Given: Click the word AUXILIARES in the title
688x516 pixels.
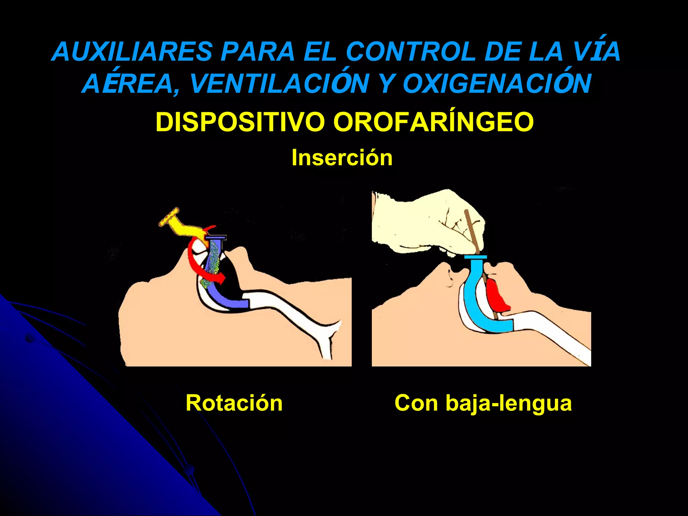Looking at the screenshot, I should pyautogui.click(x=132, y=52).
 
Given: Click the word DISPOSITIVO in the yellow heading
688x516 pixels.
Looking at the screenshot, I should pyautogui.click(x=240, y=122).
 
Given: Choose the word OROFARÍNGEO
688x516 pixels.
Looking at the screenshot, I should pyautogui.click(x=433, y=122).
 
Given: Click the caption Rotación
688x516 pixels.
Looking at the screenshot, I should pyautogui.click(x=234, y=403).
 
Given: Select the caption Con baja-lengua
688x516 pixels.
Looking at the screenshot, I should pyautogui.click(x=483, y=403).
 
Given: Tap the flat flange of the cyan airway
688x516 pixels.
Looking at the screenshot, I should pyautogui.click(x=475, y=257).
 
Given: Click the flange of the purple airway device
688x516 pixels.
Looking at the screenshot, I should pyautogui.click(x=216, y=238).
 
